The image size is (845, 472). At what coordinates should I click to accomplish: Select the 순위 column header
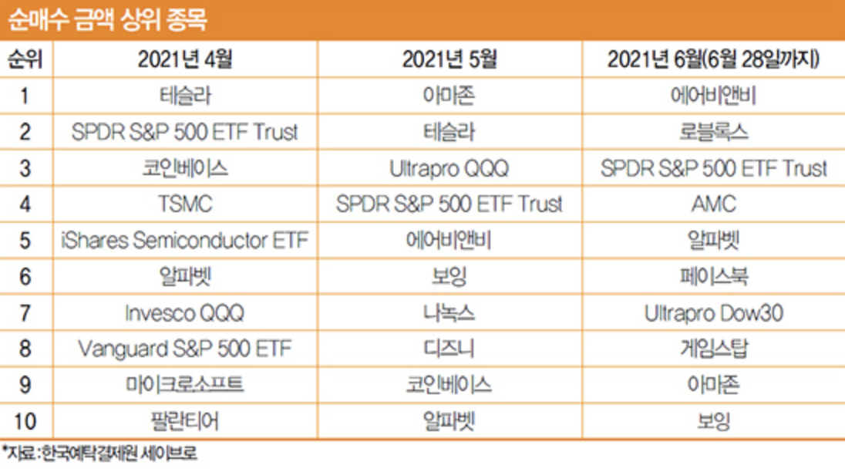coord(25,60)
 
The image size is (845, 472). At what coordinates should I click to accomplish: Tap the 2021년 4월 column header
coord(184,60)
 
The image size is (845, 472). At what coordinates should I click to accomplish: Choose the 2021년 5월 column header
coord(449,60)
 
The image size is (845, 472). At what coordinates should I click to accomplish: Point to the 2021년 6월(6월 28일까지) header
coord(713,60)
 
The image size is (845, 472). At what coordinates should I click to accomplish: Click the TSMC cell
coord(184,204)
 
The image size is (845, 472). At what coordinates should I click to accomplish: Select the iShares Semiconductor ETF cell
coord(184,241)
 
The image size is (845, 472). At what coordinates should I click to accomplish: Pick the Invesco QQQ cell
coord(184,313)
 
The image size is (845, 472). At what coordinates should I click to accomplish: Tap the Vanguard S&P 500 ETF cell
coord(184,349)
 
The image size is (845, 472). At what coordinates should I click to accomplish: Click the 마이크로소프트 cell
coord(184,385)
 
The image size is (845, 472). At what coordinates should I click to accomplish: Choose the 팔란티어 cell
coord(184,421)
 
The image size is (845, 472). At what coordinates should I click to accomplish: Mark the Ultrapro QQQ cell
coord(449,168)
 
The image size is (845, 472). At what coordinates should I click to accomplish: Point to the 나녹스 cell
coord(449,313)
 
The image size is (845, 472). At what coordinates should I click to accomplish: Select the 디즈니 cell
coord(449,349)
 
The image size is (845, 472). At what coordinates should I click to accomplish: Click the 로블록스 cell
coord(713,132)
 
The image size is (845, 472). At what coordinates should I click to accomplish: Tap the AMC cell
coord(713,204)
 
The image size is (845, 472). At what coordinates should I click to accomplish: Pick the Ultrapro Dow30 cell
coord(713,313)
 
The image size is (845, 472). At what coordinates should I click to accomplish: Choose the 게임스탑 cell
coord(713,349)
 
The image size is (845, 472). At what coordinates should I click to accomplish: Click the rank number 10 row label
coord(25,421)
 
